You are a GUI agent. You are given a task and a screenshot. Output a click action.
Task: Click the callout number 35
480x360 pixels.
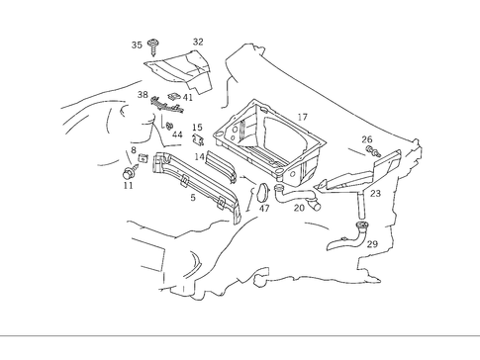coord(137,45)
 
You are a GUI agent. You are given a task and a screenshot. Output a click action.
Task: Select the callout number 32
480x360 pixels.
coord(198,42)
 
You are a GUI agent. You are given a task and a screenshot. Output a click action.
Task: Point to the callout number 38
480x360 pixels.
coord(143,94)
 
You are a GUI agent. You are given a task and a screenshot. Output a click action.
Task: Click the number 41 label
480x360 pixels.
coord(187,97)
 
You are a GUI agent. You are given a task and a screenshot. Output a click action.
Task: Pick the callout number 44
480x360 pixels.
coord(177,135)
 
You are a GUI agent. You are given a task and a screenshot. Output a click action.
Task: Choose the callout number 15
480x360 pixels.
coord(197,128)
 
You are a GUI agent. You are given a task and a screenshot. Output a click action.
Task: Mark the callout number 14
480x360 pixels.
coord(199,156)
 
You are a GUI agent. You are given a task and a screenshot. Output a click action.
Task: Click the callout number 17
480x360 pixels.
coord(302,117)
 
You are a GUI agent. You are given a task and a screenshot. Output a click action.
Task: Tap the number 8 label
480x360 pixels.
coord(134,150)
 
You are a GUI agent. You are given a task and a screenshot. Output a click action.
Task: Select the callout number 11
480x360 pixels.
coord(128,185)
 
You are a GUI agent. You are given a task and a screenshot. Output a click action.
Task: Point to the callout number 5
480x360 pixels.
coord(193,198)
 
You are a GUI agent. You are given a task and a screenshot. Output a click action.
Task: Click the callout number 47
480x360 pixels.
coord(264,209)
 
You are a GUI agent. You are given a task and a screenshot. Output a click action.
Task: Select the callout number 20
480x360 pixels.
coord(299,208)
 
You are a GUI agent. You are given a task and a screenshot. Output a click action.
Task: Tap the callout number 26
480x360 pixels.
coord(367,139)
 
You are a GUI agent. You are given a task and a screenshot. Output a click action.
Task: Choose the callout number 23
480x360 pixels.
coord(375,194)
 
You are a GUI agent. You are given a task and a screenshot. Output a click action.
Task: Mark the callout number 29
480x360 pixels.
coord(372,243)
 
